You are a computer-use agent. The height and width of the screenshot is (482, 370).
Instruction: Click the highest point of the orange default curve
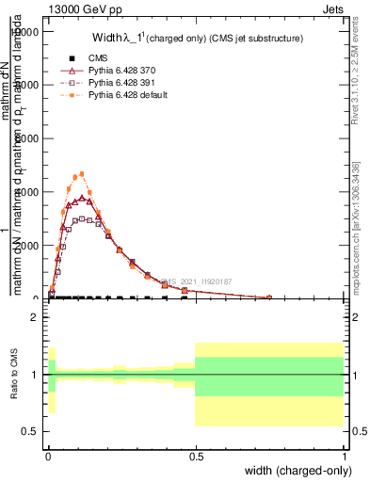pos(82,174)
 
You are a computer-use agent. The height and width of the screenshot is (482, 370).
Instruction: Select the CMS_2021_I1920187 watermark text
pos(201,281)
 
